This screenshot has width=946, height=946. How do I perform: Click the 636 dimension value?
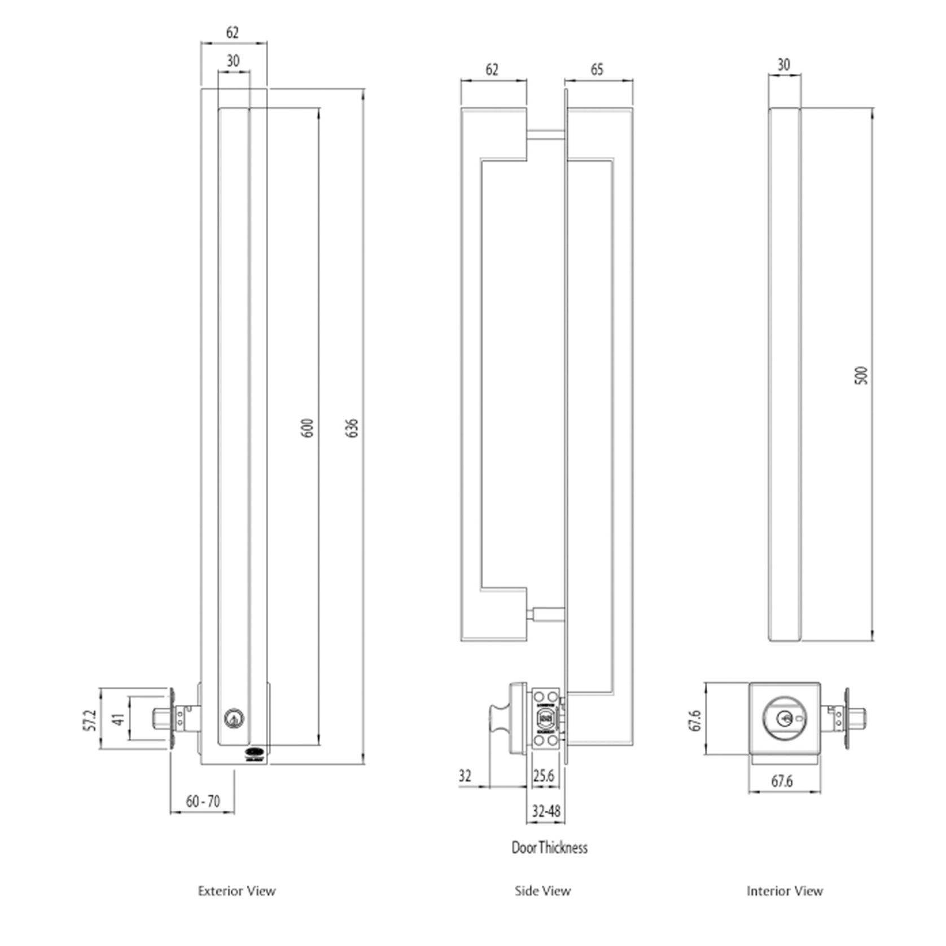(x=352, y=428)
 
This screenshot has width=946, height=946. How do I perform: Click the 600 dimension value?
(x=308, y=428)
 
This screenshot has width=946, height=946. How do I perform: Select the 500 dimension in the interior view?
(x=861, y=375)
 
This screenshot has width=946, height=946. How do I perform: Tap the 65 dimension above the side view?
(x=597, y=69)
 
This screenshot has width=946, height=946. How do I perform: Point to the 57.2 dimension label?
(x=90, y=720)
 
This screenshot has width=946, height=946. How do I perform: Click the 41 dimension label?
(x=118, y=720)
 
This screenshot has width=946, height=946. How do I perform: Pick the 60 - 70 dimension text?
(x=203, y=802)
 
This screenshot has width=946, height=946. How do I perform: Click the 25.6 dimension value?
(x=543, y=776)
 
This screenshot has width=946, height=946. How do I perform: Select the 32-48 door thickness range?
(x=546, y=811)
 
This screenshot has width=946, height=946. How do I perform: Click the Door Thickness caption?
(x=549, y=847)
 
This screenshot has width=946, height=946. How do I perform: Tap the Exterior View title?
(x=236, y=891)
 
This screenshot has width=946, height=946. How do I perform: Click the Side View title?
(x=542, y=891)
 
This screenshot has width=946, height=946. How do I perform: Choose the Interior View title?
(x=785, y=891)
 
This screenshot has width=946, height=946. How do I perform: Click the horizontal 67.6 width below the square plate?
(x=782, y=781)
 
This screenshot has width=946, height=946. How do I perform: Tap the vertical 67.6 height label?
(x=695, y=720)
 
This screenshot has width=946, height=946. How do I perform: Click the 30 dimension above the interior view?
(x=783, y=65)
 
